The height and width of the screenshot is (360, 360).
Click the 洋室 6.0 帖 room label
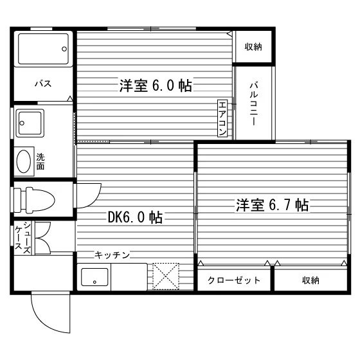[156, 85]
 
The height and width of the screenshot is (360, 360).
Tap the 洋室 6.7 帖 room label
[273, 205]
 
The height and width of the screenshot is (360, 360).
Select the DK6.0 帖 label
[135, 217]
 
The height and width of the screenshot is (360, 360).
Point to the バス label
[43, 84]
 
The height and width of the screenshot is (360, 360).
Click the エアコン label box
[222, 118]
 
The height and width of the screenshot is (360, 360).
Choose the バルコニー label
[254, 104]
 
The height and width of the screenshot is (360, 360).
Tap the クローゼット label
[234, 280]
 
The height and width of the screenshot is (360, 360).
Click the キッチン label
[113, 255]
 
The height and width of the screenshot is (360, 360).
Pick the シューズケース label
[23, 238]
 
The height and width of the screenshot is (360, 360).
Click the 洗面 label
[40, 161]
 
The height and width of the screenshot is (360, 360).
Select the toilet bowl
[40, 200]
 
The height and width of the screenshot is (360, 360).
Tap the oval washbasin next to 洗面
[24, 161]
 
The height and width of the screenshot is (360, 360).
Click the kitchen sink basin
[94, 277]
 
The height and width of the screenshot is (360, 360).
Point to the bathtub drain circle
[64, 49]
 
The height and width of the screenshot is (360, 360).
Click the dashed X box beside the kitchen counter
[166, 276]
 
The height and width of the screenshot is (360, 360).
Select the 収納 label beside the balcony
[253, 47]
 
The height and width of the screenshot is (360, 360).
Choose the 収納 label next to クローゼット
[310, 280]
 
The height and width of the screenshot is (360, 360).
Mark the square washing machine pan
[30, 123]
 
